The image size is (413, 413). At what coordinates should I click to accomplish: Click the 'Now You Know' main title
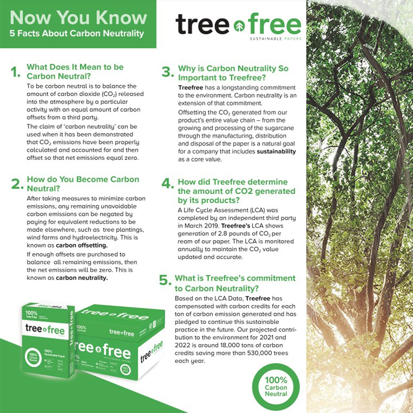[78, 18]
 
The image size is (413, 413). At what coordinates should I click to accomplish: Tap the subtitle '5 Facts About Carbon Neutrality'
[77, 34]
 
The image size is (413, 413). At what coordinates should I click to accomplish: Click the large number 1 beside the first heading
[15, 72]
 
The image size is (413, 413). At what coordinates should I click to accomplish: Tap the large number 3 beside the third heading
[168, 72]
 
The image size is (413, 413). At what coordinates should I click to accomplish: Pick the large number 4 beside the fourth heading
[168, 184]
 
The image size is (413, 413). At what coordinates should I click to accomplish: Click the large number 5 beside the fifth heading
[165, 280]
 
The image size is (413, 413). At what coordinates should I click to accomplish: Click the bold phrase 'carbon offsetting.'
[82, 245]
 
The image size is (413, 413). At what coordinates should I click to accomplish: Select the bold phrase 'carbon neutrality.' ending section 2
[82, 278]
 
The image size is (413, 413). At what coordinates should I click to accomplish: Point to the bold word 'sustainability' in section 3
[276, 152]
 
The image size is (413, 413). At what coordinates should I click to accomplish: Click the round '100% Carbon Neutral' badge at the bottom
[276, 387]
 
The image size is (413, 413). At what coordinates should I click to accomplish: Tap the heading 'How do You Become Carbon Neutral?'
[83, 184]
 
